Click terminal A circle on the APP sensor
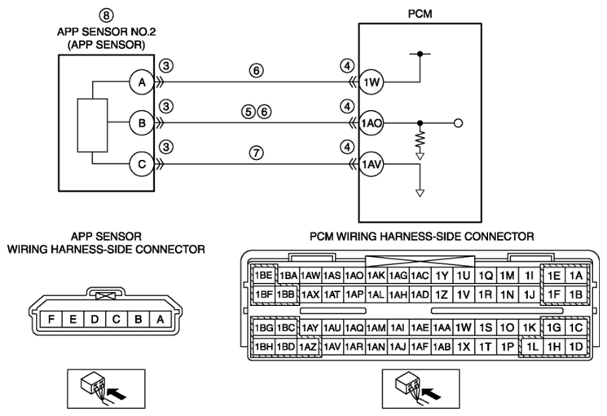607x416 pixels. click(142, 82)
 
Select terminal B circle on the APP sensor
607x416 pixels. click(142, 123)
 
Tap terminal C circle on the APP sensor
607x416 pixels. click(142, 165)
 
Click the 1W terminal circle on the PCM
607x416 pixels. click(372, 82)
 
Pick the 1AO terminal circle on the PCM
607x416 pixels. click(372, 123)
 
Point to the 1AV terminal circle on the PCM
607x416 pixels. click(372, 165)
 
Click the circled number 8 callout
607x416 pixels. click(106, 15)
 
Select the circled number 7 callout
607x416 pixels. click(257, 153)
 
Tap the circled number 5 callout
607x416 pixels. click(249, 112)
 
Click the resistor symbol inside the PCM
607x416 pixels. click(420, 139)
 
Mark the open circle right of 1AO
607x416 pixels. click(458, 123)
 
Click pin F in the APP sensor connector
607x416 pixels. click(51, 319)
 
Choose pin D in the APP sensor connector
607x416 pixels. click(95, 319)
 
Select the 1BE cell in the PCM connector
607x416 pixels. click(264, 275)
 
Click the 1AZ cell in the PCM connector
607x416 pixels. click(309, 347)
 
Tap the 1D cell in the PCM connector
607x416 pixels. click(576, 347)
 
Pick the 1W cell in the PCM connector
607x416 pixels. click(463, 328)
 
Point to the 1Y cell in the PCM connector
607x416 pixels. click(442, 276)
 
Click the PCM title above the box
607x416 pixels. click(420, 14)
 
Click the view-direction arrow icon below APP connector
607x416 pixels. click(106, 388)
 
